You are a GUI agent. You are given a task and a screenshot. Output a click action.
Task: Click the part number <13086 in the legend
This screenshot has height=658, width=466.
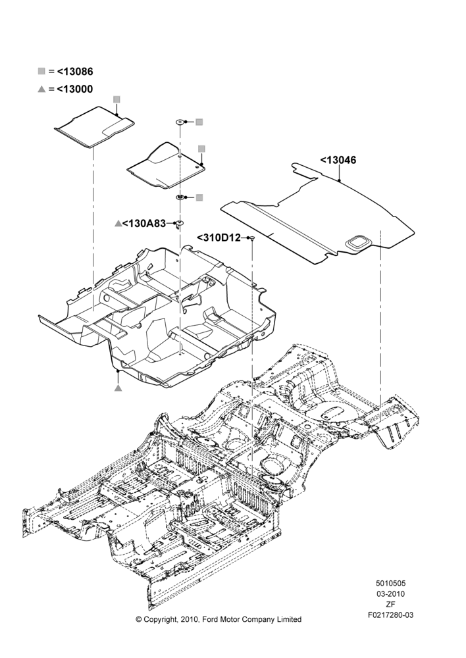[x=75, y=71]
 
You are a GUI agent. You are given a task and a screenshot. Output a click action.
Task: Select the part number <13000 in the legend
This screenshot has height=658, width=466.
[x=75, y=89]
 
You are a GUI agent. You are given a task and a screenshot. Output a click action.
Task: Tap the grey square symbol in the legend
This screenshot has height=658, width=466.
[x=41, y=71]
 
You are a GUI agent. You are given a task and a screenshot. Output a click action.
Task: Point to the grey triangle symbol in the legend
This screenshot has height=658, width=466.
[x=41, y=89]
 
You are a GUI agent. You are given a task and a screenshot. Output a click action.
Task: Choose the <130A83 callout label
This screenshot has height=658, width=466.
[x=144, y=224]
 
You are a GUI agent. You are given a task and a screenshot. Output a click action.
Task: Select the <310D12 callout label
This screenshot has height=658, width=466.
[x=219, y=238]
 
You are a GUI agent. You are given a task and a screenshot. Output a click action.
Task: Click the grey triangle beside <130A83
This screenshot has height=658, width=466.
[x=118, y=224]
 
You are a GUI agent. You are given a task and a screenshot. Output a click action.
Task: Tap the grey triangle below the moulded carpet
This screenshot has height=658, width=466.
[x=118, y=388]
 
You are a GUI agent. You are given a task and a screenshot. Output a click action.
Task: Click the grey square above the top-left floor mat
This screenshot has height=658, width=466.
[x=116, y=99]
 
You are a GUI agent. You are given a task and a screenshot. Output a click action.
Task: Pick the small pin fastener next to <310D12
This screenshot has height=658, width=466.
[x=252, y=239]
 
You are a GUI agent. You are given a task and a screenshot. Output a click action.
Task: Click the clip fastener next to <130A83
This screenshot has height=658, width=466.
[x=180, y=224]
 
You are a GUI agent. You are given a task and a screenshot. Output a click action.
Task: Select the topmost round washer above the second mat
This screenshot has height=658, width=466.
[x=180, y=122]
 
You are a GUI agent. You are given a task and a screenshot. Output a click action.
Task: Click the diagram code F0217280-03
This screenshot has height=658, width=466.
[x=390, y=615]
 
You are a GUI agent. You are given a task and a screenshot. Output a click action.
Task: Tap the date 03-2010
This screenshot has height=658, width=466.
[x=390, y=594]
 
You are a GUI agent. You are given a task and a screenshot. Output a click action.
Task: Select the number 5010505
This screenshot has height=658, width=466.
[x=390, y=583]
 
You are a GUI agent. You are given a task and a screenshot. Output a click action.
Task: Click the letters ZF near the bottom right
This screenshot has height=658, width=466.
[x=390, y=605]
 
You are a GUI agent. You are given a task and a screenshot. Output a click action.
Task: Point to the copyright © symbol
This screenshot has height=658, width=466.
[x=139, y=619]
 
